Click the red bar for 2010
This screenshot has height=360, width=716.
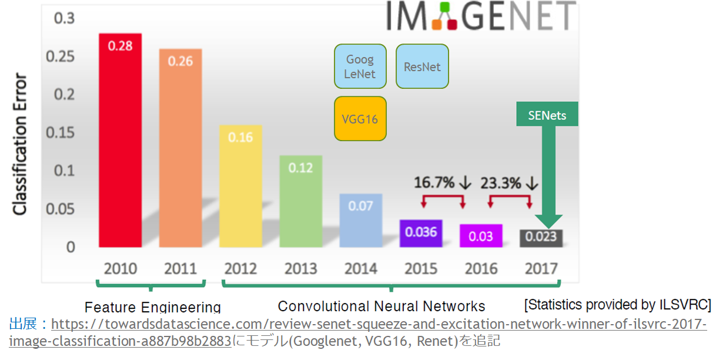120,141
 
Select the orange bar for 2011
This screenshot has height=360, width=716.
180,148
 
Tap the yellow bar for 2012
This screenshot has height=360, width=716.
240,186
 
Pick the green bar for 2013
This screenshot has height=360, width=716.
300,201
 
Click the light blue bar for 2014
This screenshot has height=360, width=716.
360,220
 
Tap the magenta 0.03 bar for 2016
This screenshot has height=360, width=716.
481,235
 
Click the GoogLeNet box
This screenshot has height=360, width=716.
360,66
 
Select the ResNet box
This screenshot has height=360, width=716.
422,66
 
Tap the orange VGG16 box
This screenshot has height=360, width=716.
360,119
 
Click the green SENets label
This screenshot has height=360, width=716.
547,115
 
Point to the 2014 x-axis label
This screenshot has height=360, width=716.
360,269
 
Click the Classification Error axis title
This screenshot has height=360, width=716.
20,144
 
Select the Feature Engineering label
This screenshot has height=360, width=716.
152,307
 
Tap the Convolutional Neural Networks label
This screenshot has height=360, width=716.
382,306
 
